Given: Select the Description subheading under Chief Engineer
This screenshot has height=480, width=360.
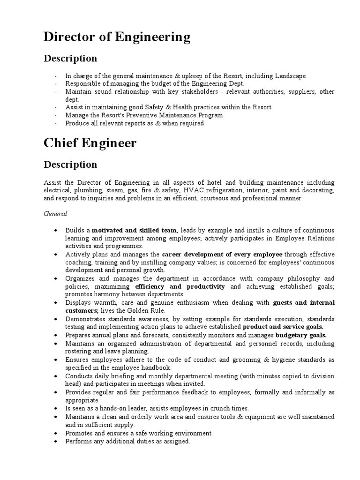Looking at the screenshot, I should click(70, 165).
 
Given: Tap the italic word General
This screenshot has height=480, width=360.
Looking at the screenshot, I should click(56, 214).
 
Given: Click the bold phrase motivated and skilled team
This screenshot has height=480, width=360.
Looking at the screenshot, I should click(135, 230).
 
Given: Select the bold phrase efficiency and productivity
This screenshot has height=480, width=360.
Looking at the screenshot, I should click(180, 286).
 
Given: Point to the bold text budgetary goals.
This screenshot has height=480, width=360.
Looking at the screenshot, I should click(301, 335).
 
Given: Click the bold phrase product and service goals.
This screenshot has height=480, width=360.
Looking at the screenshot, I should click(283, 327).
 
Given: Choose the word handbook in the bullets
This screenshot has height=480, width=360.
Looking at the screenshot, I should click(157, 367).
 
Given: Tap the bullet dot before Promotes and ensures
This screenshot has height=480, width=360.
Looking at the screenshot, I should click(55, 433).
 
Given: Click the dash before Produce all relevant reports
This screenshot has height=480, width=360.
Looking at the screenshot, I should click(56, 123).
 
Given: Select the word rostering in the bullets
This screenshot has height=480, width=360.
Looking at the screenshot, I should click(78, 351).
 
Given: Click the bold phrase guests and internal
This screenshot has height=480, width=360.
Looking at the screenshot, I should click(303, 303).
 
